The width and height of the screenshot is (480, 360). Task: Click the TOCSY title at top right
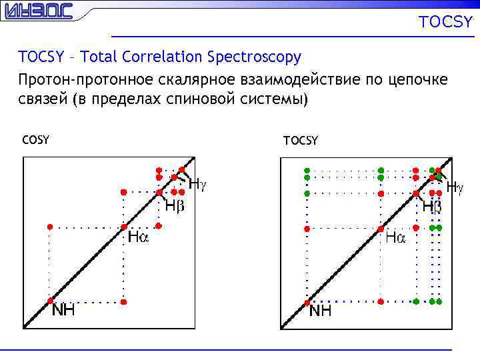pyautogui.click(x=445, y=23)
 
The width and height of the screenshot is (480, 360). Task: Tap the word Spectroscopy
pyautogui.click(x=254, y=58)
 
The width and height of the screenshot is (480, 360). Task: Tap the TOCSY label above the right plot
pyautogui.click(x=301, y=140)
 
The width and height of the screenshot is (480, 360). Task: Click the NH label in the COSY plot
pyautogui.click(x=64, y=310)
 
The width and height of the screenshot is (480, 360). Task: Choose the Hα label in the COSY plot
pyautogui.click(x=139, y=237)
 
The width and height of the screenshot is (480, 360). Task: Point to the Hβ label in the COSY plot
pyautogui.click(x=175, y=206)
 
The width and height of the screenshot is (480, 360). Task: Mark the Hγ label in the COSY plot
pyautogui.click(x=198, y=183)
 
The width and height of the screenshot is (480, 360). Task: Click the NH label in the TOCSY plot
pyautogui.click(x=321, y=311)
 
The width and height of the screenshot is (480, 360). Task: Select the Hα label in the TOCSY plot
pyautogui.click(x=395, y=237)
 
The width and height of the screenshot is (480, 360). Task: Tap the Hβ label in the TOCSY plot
pyautogui.click(x=431, y=207)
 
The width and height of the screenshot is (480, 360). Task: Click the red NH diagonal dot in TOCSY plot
pyautogui.click(x=307, y=302)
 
